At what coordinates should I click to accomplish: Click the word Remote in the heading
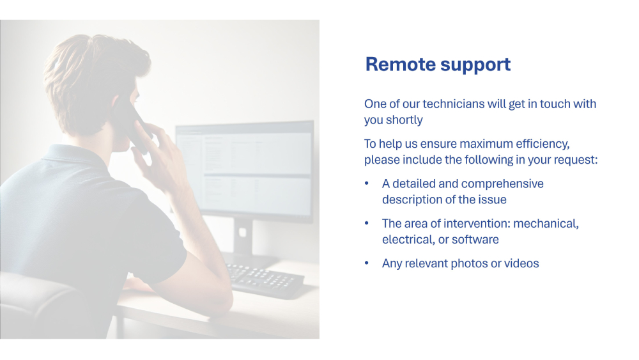(x=400, y=65)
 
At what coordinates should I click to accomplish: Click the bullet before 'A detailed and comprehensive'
(x=367, y=184)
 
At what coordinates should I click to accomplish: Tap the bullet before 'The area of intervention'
(x=367, y=223)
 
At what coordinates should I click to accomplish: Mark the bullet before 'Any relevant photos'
(x=367, y=263)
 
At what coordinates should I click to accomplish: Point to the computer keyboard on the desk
(x=266, y=279)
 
